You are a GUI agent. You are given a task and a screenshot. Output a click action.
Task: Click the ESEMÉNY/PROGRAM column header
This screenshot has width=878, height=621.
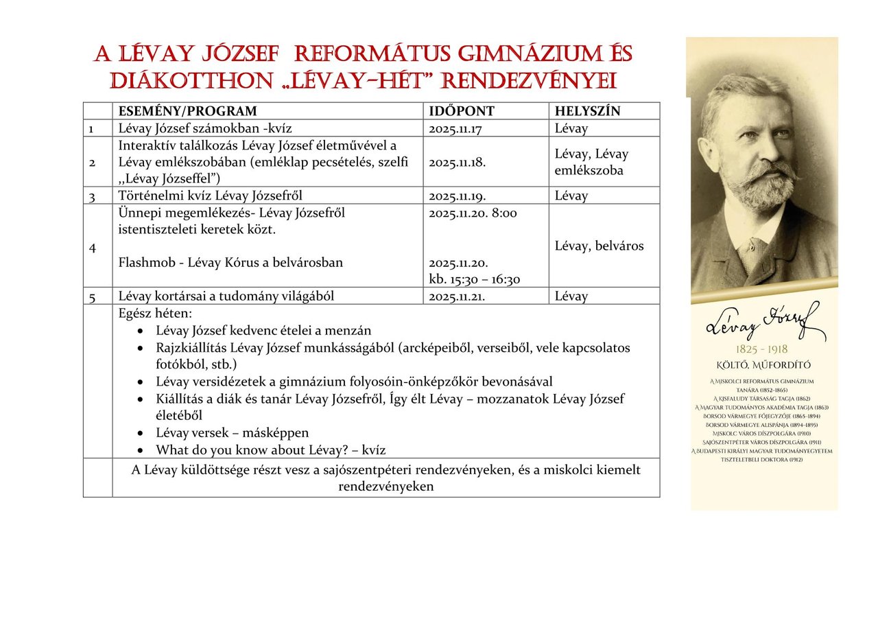(x=187, y=111)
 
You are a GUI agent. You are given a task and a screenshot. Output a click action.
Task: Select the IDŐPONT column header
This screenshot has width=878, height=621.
(x=461, y=111)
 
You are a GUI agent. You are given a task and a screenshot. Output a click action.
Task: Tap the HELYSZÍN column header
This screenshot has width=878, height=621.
(x=587, y=111)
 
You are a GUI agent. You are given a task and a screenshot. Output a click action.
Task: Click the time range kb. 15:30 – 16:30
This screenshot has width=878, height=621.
(x=474, y=279)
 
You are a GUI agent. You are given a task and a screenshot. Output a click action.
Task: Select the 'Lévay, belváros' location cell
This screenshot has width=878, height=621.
(x=599, y=246)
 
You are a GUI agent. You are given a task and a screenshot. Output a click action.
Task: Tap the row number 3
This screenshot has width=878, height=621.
(x=91, y=196)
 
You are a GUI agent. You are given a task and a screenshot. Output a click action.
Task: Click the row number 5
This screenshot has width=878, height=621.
(x=91, y=297)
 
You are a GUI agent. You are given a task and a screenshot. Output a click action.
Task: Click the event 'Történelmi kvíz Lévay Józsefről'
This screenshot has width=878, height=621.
(x=210, y=196)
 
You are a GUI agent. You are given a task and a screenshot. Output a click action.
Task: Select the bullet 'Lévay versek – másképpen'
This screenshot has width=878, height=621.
(x=232, y=433)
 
